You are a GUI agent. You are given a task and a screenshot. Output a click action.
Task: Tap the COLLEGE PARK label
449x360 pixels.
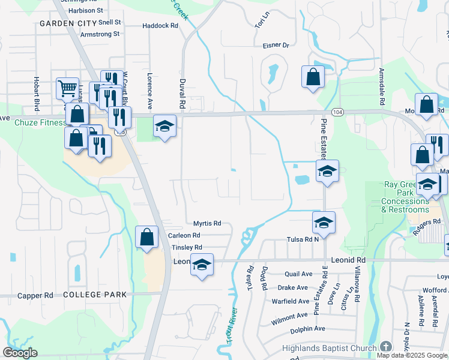tap(95, 295)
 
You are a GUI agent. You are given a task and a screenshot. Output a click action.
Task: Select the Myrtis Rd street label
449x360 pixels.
tap(207, 223)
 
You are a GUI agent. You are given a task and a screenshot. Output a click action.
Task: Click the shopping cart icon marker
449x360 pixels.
tap(67, 88)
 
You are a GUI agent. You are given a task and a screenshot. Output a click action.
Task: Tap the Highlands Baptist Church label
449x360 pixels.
tap(331, 348)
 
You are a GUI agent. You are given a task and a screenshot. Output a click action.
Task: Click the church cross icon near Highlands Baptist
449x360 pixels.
tap(385, 347)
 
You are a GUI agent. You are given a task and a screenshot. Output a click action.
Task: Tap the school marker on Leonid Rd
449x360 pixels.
tap(202, 263)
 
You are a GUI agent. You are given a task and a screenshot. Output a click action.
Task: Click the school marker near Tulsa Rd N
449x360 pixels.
tap(324, 223)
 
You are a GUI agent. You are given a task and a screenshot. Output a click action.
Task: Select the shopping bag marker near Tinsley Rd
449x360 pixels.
tap(146, 237)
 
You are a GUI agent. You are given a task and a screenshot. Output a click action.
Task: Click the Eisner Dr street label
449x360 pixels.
tap(276, 45)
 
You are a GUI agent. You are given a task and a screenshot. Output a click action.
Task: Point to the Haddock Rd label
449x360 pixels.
tap(160, 26)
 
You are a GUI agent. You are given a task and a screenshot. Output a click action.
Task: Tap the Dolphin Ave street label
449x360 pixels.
tap(307, 329)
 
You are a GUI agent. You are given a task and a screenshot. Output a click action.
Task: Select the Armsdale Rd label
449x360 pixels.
tap(381, 83)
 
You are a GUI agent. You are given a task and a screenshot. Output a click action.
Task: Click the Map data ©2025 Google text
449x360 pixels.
tap(412, 355)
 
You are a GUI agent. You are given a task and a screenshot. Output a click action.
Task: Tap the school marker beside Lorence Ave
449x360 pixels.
tap(164, 126)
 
